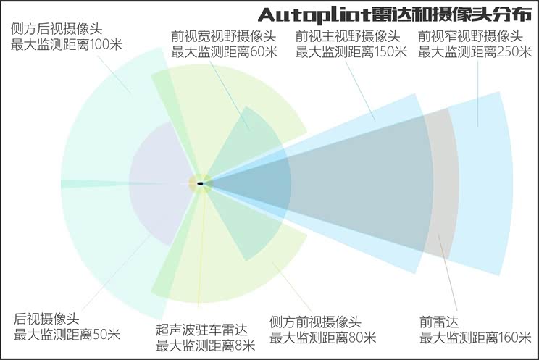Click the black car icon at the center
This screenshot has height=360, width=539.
[200, 183]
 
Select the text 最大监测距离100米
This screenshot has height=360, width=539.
[67, 45]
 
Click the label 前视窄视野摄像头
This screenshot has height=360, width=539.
[471, 35]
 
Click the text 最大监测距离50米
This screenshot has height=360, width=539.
[67, 335]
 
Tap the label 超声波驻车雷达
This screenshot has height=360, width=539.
[201, 330]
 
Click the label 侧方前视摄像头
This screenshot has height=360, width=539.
[314, 322]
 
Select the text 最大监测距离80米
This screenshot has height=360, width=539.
[322, 338]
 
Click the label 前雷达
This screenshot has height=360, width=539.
[440, 322]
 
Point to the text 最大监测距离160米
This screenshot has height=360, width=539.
[475, 338]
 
